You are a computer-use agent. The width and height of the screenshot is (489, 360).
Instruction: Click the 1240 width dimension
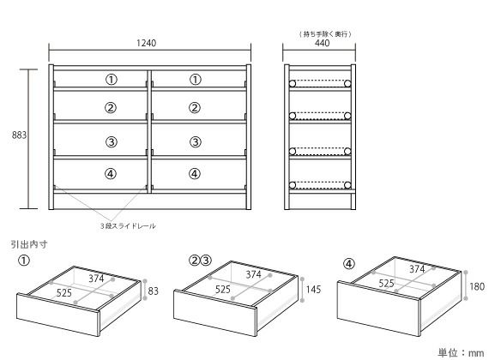tap(146, 43)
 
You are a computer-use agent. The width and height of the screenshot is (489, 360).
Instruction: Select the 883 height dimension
tap(19, 135)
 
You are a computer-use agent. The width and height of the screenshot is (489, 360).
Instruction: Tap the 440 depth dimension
tap(323, 43)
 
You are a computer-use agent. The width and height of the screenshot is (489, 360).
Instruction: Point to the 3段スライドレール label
tap(128, 226)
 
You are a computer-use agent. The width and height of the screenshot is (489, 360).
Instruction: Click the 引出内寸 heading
tap(29, 244)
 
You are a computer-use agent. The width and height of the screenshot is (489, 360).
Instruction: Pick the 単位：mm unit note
tap(461, 352)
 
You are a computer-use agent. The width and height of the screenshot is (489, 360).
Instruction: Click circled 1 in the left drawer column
tap(112, 80)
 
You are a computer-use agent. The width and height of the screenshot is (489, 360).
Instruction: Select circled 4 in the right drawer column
tap(195, 174)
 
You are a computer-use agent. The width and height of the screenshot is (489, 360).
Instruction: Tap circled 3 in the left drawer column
tap(112, 142)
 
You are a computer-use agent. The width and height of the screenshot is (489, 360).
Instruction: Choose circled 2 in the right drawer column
tap(195, 108)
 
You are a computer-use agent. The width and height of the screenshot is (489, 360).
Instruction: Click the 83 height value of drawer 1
tap(153, 291)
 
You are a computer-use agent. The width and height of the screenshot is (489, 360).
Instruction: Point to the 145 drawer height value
tap(313, 290)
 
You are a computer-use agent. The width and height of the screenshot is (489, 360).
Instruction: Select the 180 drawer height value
tap(477, 286)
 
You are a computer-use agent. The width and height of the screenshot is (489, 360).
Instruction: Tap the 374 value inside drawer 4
tap(417, 268)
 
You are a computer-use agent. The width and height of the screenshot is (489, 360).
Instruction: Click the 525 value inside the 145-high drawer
tap(223, 289)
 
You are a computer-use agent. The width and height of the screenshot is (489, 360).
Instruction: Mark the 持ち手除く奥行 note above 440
tap(325, 33)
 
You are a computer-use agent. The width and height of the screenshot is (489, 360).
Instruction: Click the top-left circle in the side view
tap(293, 83)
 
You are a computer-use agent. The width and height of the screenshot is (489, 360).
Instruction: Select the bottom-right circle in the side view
tap(347, 185)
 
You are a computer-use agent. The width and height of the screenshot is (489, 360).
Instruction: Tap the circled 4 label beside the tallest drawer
tap(349, 264)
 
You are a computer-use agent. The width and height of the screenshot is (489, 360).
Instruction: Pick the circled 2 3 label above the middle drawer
tap(200, 260)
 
